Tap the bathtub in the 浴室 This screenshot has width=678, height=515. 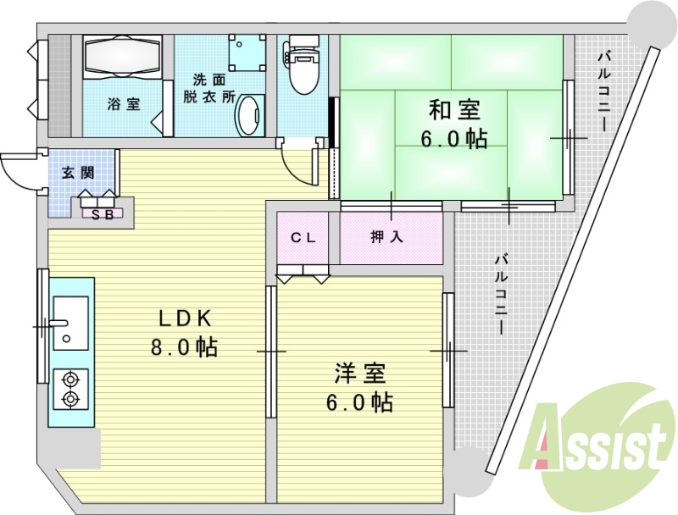pos(122,57)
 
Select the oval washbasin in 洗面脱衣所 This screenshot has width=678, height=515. pos(250,114)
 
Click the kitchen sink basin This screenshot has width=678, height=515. pos(70,323)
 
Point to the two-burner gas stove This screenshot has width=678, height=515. pos(70,390)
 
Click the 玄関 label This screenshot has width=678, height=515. pos(78,173)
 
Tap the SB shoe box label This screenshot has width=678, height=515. pos(103,213)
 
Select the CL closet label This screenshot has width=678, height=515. pos(303,237)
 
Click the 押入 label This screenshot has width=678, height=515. pos(387,237)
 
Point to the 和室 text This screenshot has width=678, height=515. pos(454,110)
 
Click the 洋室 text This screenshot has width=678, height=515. pos(359,373)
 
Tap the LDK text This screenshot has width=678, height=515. pos(185,319)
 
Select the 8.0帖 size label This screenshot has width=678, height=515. pos(184,346)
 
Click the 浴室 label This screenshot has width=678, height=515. pos(124,104)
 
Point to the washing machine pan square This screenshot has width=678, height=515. pos(247,53)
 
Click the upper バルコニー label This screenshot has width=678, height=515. pos(604,91)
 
